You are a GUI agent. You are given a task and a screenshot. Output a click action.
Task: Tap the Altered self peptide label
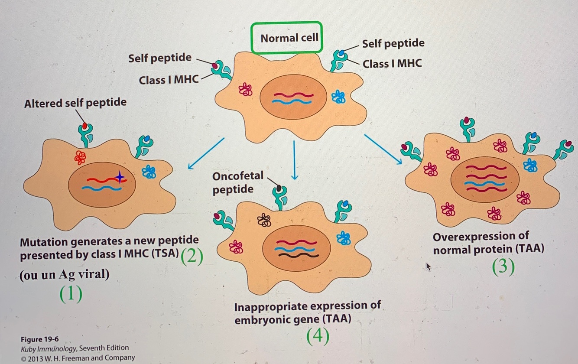pos(75,103)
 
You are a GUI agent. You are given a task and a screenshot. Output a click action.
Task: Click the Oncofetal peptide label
pos(237,182)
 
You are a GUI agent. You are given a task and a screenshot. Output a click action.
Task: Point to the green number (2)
pos(192,257)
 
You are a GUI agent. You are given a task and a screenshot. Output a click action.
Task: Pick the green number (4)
pos(318,337)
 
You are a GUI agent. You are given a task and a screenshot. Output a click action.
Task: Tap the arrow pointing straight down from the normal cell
pos(294,160)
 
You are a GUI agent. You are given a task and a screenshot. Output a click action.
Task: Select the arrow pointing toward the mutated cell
pos(206,154)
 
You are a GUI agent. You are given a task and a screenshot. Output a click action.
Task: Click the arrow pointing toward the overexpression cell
pos(383,149)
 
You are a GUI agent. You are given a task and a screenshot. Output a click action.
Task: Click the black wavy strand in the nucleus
pos(299,255)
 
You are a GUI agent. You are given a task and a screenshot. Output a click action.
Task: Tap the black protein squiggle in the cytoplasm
pos(264,221)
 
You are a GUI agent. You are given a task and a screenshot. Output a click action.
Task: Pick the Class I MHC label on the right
pos(392,63)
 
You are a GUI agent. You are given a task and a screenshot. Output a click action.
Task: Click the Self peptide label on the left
pos(159,58)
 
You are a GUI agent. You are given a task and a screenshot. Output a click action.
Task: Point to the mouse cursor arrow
pos(429,266)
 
